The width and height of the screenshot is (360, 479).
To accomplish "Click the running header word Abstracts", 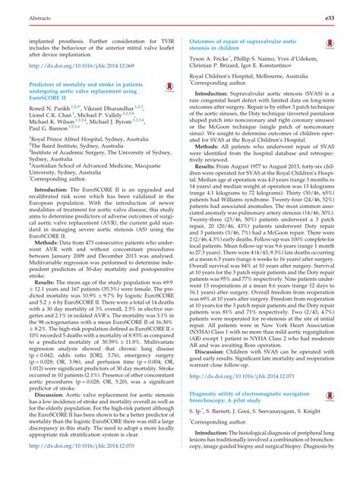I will [30, 14].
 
